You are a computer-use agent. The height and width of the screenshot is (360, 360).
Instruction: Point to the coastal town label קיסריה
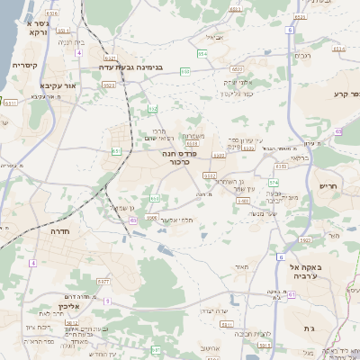pos(24,65)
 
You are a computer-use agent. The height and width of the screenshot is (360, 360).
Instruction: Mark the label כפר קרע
pos(346,94)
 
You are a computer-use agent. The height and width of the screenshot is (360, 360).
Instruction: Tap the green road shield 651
pos(116,151)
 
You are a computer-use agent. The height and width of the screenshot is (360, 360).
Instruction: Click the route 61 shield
pos(155,348)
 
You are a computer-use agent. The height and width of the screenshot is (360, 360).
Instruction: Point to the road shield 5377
pos(103,282)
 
